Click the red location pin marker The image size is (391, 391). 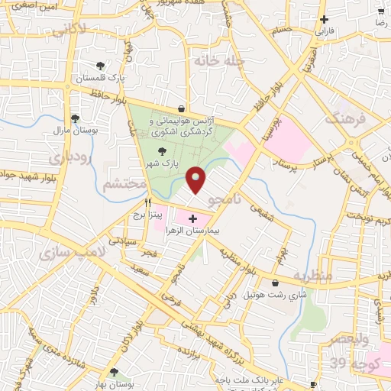pyautogui.click(x=196, y=179)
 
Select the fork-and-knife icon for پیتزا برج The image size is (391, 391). pyautogui.click(x=148, y=203)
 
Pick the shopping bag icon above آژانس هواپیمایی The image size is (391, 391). pyautogui.click(x=180, y=108)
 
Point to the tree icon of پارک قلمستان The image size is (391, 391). pyautogui.click(x=101, y=66)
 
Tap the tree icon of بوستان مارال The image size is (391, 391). pyautogui.click(x=75, y=118)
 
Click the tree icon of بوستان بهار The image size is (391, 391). pyautogui.click(x=114, y=372)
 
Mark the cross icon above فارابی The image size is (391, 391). pyautogui.click(x=325, y=20)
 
